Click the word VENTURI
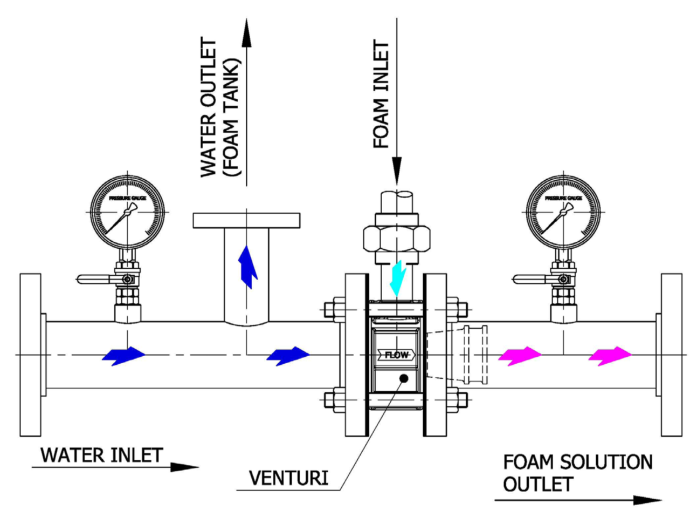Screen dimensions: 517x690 [288, 478]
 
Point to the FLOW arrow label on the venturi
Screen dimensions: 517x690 [396, 355]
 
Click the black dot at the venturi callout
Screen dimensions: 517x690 [403, 378]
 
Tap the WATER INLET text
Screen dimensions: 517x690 [102, 455]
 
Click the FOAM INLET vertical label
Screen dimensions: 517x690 [381, 94]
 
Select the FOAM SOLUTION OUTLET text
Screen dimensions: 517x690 [577, 473]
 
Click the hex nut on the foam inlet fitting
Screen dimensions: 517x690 [397, 237]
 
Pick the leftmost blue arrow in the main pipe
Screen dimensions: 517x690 [124, 356]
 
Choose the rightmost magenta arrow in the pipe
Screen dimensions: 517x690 [610, 356]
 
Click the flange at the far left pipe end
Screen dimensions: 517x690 [30, 355]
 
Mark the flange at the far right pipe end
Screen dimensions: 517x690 [671, 355]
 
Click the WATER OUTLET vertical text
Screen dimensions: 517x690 [209, 108]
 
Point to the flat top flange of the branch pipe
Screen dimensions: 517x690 [246, 220]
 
